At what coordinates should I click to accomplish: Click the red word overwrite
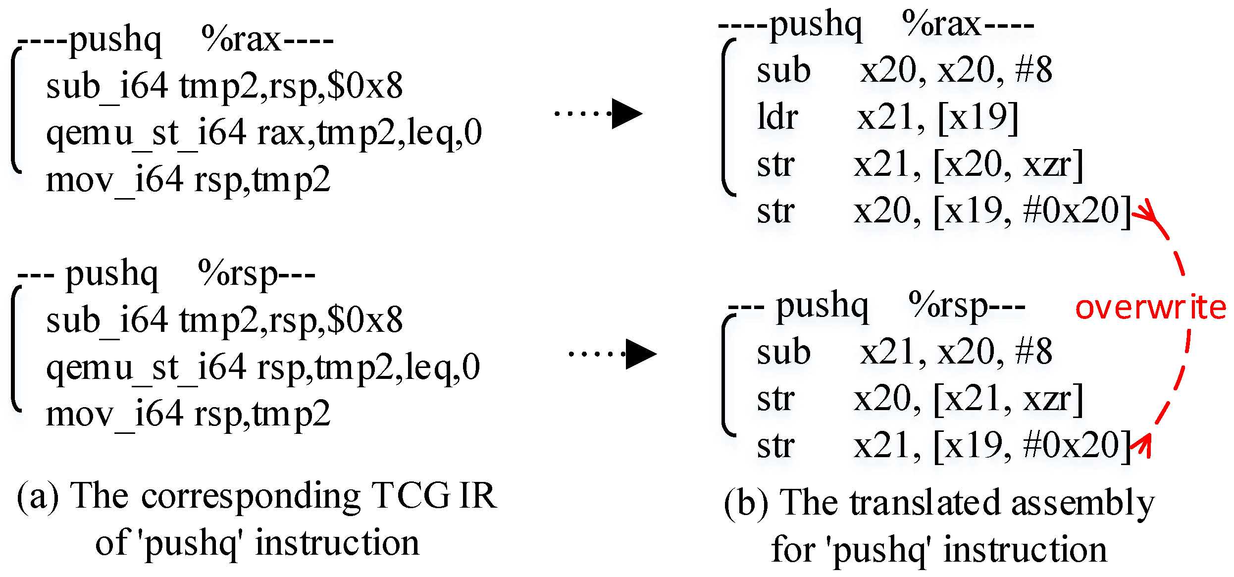1150,308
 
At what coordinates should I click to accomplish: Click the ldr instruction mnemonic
777,117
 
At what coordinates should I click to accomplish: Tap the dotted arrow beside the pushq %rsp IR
613,354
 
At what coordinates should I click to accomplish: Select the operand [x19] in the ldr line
978,118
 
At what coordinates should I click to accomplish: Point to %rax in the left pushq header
241,39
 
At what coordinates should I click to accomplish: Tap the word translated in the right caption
926,503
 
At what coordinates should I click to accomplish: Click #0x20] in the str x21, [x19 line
1078,445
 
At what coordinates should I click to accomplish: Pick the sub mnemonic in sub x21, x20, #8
783,352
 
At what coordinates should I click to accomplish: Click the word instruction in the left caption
337,543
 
